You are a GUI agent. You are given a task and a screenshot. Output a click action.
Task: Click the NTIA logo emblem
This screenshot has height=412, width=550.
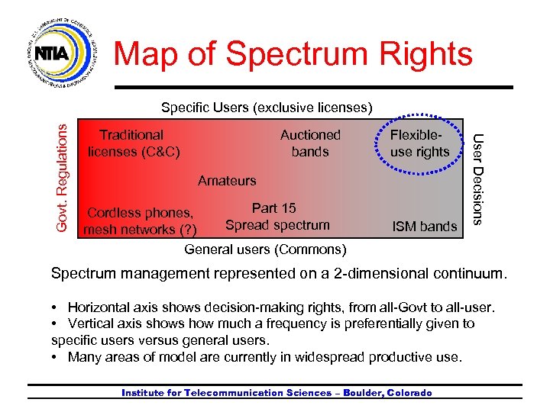[x=64, y=51]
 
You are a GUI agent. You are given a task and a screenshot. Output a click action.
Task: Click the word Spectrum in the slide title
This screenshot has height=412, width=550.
[x=295, y=54]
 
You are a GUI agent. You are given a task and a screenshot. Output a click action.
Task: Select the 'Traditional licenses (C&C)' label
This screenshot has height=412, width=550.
[x=133, y=143]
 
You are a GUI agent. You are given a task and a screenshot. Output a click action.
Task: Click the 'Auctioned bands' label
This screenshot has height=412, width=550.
[x=310, y=143]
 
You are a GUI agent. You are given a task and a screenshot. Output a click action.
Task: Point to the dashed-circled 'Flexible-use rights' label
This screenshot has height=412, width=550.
[x=419, y=143]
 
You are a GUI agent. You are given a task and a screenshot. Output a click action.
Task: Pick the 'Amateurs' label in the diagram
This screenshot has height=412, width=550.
[x=227, y=181]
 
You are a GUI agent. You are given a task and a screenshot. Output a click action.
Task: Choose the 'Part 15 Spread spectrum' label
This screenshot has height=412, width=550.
[x=277, y=217]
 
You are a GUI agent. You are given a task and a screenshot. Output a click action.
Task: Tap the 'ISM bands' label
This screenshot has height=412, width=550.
[x=424, y=226]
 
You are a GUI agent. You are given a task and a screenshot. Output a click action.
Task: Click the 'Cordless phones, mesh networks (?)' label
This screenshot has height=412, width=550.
[x=141, y=220]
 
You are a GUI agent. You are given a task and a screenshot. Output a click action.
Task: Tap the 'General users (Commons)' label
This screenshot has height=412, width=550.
[x=265, y=249]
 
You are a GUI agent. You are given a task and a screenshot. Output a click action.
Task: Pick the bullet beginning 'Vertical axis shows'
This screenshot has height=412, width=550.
[x=264, y=331]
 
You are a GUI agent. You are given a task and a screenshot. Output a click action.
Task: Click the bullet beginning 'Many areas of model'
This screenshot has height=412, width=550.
[x=264, y=356]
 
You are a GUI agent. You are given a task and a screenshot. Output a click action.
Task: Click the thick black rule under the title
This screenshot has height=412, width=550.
[x=306, y=87]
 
